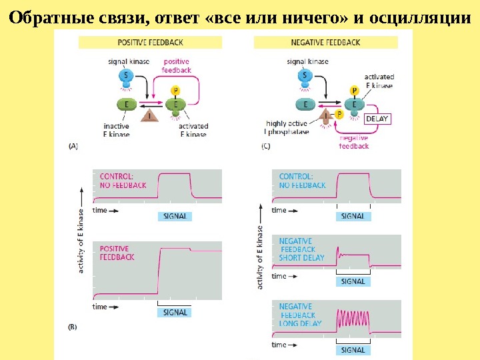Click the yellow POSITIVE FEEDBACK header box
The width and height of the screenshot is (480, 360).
point(149,42)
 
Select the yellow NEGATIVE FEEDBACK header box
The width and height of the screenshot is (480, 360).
point(325,42)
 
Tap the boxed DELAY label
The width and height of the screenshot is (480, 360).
point(377,119)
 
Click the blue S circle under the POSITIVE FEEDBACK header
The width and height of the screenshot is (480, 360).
point(127,76)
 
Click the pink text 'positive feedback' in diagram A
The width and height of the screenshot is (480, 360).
point(177,66)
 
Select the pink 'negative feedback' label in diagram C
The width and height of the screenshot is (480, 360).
point(354,141)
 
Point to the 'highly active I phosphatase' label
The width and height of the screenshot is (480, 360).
point(287,127)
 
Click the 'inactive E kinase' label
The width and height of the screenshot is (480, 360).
point(117,130)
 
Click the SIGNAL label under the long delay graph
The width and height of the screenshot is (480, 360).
point(353,349)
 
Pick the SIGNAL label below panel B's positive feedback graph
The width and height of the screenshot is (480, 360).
point(175,312)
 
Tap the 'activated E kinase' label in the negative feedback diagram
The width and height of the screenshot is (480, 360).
point(378,81)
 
